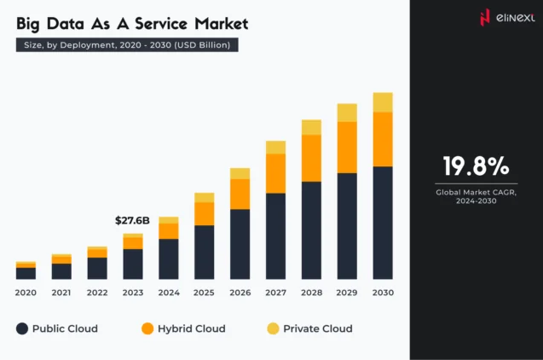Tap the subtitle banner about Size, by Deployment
[127, 45]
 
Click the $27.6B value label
[132, 221]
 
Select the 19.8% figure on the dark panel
[476, 165]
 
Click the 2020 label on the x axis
[26, 293]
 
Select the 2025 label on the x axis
[205, 293]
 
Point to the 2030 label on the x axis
[383, 293]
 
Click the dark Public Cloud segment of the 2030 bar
[383, 223]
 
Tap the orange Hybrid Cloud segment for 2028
[311, 158]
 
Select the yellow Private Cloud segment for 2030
[383, 102]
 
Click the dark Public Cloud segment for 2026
[240, 244]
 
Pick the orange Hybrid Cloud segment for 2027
[275, 173]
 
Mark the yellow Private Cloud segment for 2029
[347, 113]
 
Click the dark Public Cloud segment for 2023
[133, 264]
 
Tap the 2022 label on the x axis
[97, 293]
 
